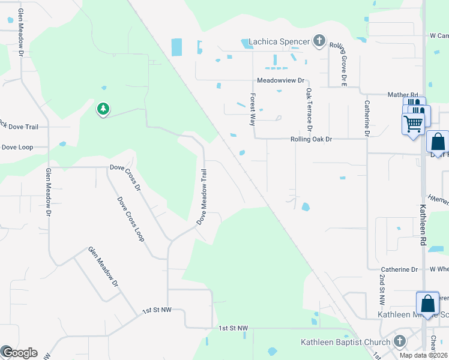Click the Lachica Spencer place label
(x=280, y=41)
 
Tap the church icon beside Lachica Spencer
(x=319, y=41)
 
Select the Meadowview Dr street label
(x=281, y=80)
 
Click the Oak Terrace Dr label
(x=309, y=110)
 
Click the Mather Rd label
(x=402, y=95)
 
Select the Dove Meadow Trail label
(x=204, y=196)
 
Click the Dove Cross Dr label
(x=124, y=178)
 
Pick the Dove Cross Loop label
(x=131, y=219)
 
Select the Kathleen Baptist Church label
(x=345, y=343)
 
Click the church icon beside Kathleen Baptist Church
(x=400, y=342)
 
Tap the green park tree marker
(x=103, y=109)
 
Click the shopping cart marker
(x=413, y=125)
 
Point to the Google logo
(x=19, y=353)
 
